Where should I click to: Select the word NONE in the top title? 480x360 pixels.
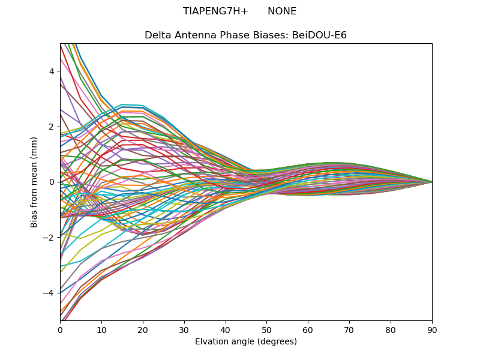[282, 11]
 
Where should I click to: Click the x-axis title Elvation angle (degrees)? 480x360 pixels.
[246, 342]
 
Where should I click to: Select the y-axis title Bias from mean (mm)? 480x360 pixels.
[34, 182]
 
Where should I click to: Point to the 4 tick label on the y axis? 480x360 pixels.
[52, 71]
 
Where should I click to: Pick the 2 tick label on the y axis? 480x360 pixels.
[52, 127]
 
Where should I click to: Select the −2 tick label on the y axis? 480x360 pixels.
[49, 237]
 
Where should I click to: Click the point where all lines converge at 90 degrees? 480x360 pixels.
[432, 182]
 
